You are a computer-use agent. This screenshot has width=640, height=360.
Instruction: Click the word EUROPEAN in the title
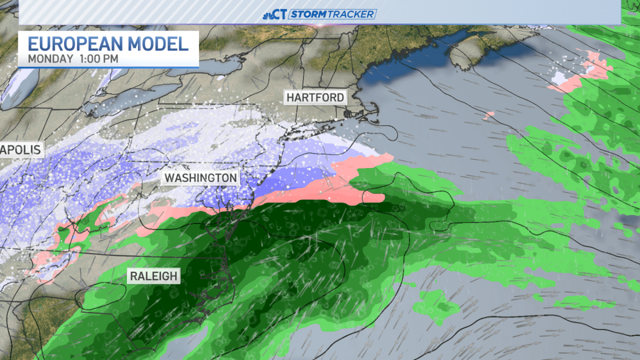[x=73, y=43]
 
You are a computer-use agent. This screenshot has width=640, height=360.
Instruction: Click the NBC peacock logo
[x=268, y=14]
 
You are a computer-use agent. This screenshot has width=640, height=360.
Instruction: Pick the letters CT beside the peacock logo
[x=281, y=14]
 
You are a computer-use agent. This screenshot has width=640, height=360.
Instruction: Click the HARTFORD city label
[x=315, y=98]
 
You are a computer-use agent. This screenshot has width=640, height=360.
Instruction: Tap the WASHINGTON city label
[x=201, y=178]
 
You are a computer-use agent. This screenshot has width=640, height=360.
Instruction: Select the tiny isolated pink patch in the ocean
[x=489, y=114]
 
